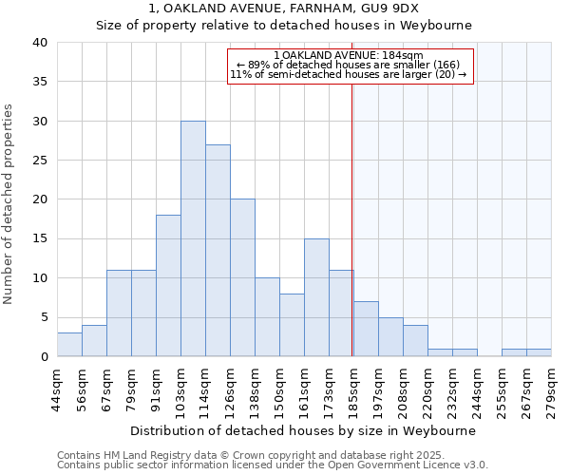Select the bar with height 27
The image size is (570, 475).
click(218, 251)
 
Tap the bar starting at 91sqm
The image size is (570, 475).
click(168, 286)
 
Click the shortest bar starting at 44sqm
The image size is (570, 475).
click(69, 345)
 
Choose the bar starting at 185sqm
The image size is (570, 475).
click(366, 329)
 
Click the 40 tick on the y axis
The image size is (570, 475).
click(39, 43)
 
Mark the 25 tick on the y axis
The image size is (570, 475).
click(39, 161)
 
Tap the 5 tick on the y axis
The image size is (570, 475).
click(43, 317)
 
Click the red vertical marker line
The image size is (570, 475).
click(352, 237)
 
